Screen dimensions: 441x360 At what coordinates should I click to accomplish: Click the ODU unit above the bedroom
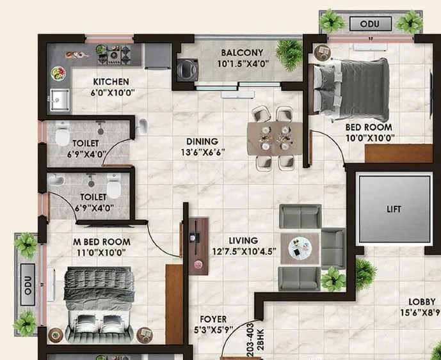pos(371,24)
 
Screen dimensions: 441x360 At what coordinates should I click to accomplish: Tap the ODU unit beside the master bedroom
pos(28,285)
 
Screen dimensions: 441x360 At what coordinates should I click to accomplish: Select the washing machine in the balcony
pos(188,70)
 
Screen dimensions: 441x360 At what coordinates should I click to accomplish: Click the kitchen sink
pos(60,100)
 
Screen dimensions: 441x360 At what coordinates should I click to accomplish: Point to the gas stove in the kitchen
pos(114,54)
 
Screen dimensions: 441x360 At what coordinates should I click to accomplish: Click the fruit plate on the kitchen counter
pos(58,74)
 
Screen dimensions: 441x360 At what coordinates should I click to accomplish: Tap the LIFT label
pos(394,209)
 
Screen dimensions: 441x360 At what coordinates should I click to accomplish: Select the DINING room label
pos(202,141)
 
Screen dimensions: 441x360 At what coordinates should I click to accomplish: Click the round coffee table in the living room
pos(300,248)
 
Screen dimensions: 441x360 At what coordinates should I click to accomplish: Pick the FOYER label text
pos(213,319)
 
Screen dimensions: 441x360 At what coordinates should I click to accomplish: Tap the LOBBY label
pos(422,302)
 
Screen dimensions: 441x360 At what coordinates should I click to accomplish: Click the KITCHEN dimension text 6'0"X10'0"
pos(113,93)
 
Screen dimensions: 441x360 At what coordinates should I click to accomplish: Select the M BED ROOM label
pos(102,242)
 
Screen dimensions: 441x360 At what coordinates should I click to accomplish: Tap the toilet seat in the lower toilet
pos(114,186)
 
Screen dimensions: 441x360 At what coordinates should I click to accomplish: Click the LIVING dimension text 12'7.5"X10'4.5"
pos(244,251)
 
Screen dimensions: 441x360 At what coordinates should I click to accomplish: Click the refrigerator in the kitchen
pos(158,56)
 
